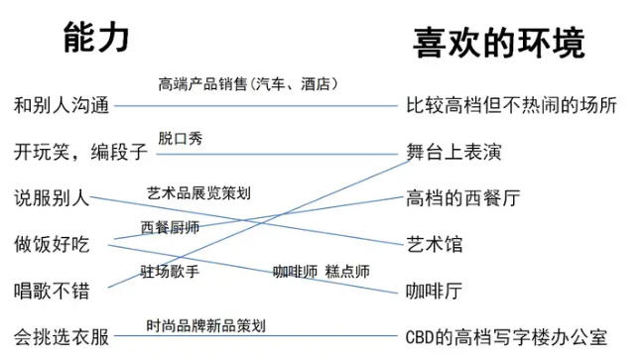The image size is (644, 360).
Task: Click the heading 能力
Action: pos(96,38)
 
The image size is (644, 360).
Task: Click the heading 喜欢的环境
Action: pos(499,43)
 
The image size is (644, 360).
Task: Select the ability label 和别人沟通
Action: pos(62,105)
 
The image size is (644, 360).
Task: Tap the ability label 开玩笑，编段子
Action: pos(80,152)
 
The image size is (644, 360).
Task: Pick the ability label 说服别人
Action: pos(52,198)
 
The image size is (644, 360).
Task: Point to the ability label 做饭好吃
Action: pos(52,245)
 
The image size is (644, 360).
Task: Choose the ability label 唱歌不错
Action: pos(52,291)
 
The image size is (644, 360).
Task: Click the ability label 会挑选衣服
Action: pos(62,337)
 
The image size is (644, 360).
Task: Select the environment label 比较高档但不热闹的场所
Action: pos(511,105)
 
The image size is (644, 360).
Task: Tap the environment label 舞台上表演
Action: pos(453,152)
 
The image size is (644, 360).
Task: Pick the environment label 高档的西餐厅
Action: pos(462,198)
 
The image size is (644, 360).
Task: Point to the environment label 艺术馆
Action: pos(435,245)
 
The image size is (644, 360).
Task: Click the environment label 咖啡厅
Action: pos(434,291)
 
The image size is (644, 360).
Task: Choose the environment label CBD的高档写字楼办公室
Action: pos(506,337)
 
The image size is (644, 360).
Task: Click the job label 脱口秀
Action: pos(181,139)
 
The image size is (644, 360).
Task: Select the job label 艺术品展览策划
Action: pos(198,193)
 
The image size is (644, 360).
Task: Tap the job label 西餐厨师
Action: pos(170,227)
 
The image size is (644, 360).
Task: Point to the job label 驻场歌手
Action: pos(170,272)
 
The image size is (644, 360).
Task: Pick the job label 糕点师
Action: pos(347,272)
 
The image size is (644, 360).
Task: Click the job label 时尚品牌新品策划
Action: pos(206,326)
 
